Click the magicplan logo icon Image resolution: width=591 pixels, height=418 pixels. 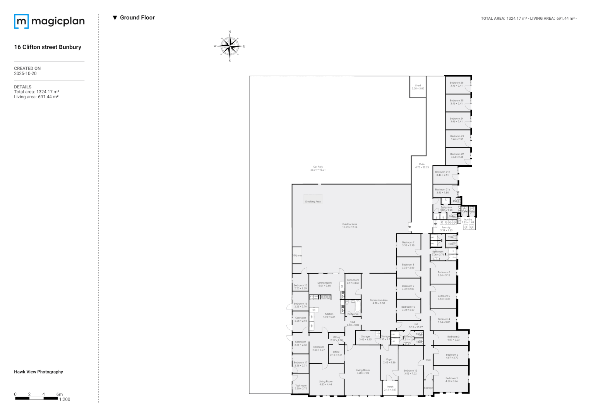pos(21,21)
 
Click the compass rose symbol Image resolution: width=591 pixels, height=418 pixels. pos(230,46)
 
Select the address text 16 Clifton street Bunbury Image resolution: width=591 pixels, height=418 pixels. pos(48,47)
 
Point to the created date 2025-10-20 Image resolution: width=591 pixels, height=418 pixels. pos(25,74)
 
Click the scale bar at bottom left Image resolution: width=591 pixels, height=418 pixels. pos(37,398)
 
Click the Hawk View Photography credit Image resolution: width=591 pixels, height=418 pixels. pos(38,372)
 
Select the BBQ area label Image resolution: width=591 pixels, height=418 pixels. pos(297,255)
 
